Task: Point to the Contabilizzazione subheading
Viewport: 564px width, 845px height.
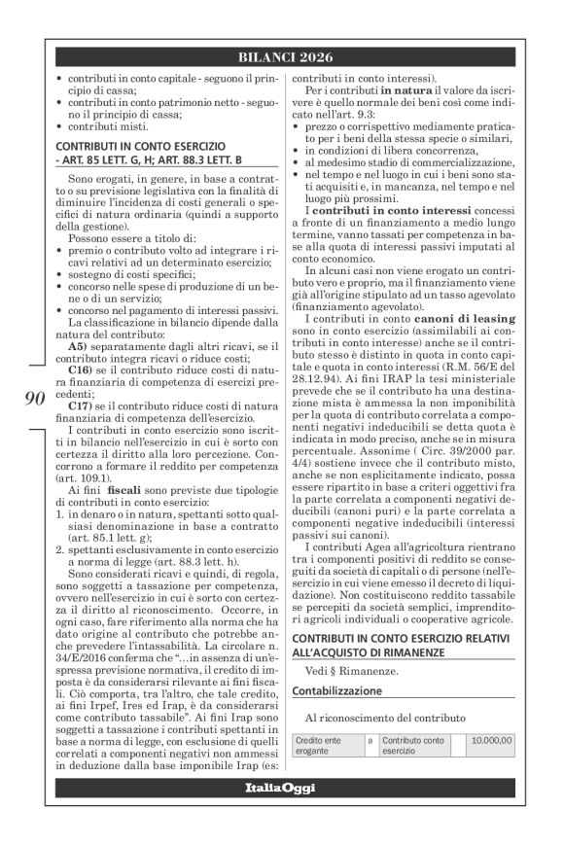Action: [x=352, y=690]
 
